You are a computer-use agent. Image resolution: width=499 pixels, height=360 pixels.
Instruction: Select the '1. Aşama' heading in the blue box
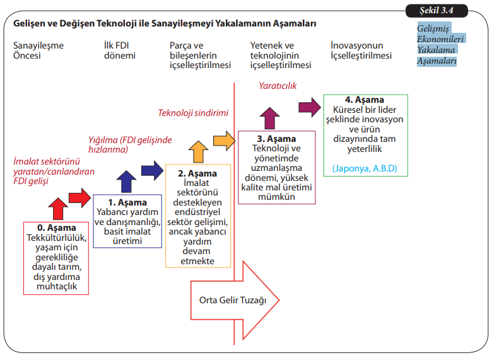click(127, 202)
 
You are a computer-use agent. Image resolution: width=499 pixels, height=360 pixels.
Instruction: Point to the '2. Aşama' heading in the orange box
click(197, 173)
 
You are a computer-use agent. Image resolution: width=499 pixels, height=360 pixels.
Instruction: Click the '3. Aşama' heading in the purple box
click(276, 138)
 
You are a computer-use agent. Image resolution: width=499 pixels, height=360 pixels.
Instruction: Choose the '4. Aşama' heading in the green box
click(365, 100)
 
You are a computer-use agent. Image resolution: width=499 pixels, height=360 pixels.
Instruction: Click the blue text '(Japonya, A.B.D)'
click(365, 169)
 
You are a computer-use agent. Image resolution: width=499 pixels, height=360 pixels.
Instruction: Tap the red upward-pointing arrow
click(57, 207)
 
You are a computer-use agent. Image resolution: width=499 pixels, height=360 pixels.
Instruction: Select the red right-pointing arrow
click(79, 197)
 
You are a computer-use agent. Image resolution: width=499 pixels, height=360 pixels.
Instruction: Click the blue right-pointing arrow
click(151, 169)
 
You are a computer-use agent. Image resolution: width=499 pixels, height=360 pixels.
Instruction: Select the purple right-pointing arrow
click(309, 105)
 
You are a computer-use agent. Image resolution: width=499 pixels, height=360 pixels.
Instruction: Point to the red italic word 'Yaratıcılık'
click(278, 86)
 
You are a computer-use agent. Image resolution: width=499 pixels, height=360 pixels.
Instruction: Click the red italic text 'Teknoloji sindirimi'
click(193, 113)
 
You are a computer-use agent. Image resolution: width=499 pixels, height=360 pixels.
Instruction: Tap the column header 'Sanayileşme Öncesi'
click(38, 50)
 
